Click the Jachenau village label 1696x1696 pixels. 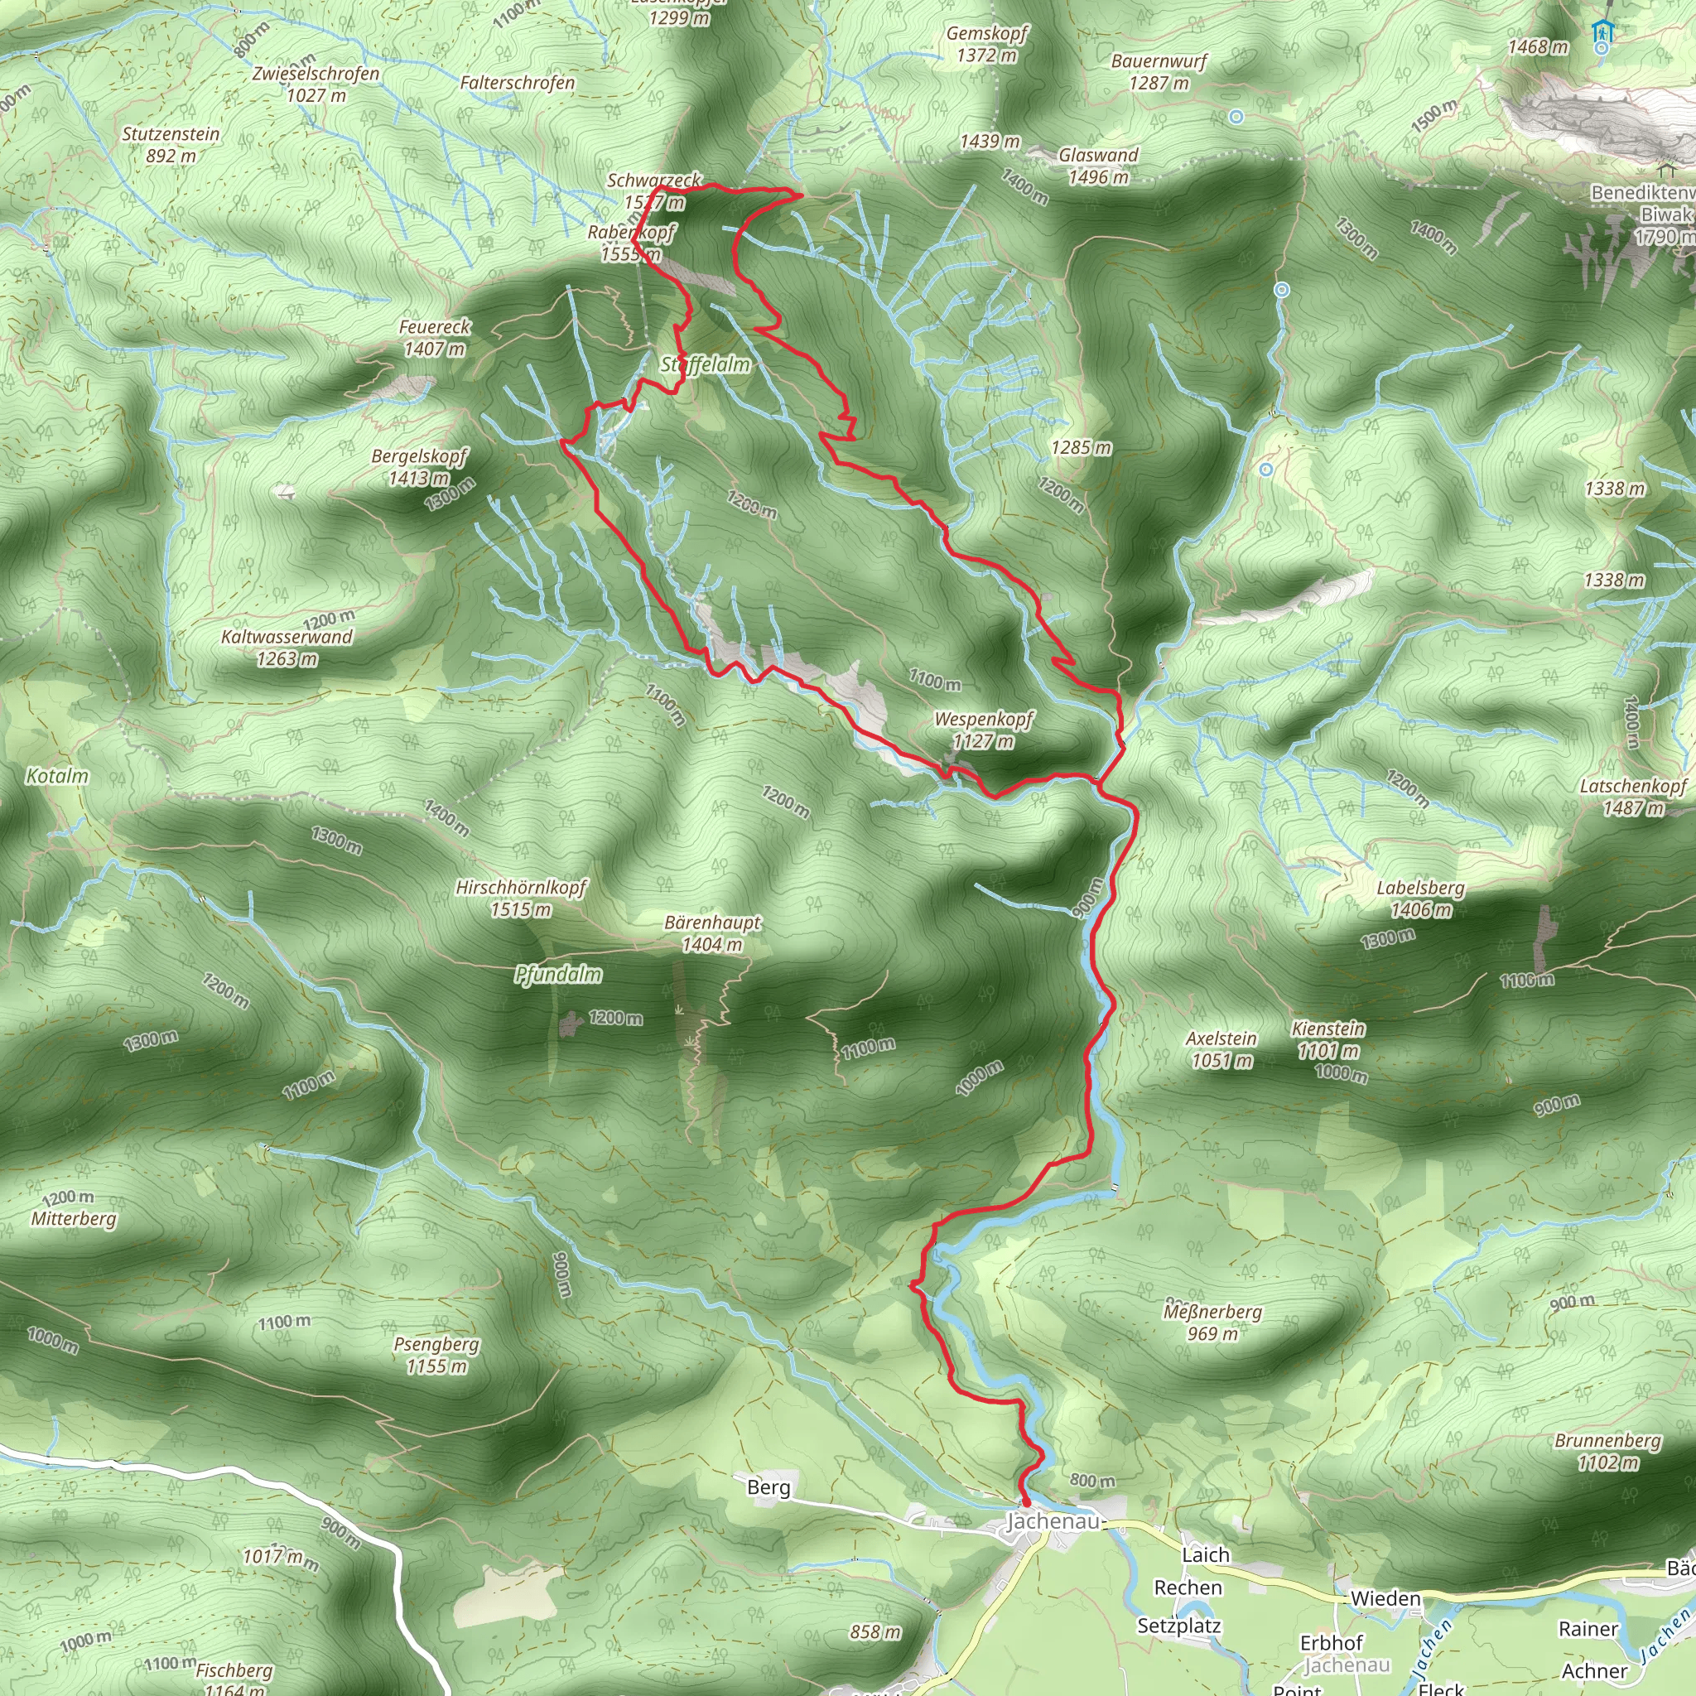1052,1521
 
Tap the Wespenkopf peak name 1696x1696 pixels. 983,719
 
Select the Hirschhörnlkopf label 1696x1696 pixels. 521,888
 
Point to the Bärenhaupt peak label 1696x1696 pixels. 712,923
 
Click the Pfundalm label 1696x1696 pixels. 558,975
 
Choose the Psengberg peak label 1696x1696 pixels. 436,1345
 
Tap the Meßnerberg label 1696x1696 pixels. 1212,1313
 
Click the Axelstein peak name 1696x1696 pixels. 1221,1038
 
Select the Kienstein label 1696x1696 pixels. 1328,1029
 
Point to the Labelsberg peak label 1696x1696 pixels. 1420,888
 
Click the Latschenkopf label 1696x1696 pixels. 1633,787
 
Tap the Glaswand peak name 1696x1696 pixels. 1098,156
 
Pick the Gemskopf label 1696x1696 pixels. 986,33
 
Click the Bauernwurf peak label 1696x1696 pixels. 1159,61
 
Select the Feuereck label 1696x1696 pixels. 435,327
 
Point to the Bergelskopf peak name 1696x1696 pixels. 419,456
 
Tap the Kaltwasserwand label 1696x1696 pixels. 287,638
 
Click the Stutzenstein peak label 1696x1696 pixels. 171,134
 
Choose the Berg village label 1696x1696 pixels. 768,1487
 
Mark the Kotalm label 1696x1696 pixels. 57,776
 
